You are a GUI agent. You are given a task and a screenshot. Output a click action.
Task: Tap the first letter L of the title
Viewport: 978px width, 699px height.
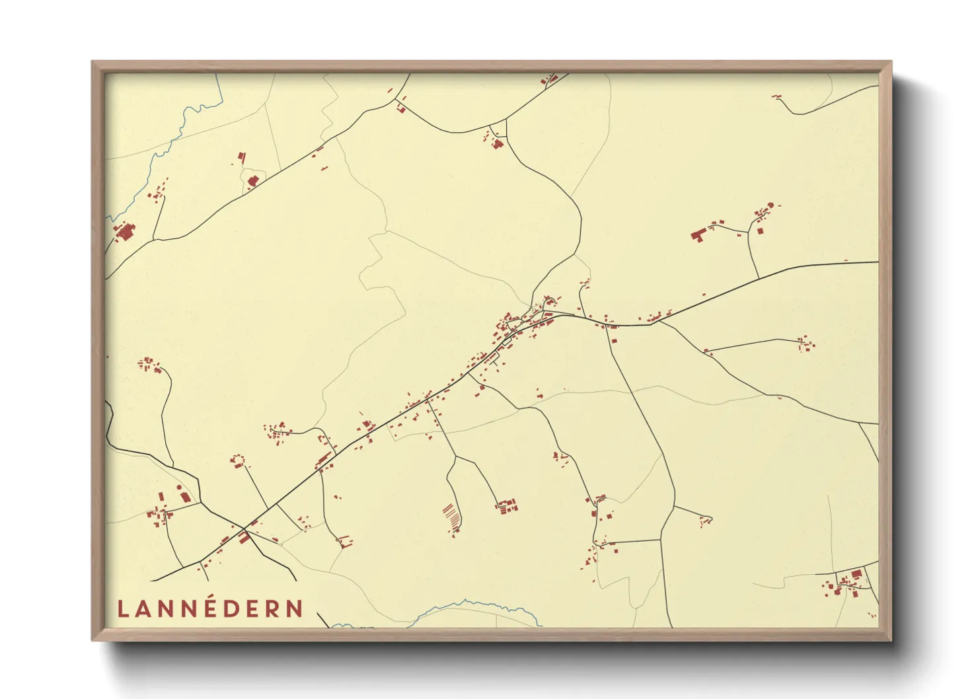tap(122, 609)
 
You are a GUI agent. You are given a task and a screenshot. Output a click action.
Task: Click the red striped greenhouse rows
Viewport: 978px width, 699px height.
tap(451, 516)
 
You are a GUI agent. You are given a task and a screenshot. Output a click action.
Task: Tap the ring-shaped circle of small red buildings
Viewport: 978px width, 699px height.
tap(238, 460)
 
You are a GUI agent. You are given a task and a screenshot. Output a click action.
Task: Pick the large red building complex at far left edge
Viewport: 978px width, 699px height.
tap(124, 232)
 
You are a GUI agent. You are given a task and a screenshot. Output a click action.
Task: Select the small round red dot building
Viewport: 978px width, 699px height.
tap(178, 488)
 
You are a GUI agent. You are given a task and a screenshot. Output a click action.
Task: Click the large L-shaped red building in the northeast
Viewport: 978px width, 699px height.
tap(698, 234)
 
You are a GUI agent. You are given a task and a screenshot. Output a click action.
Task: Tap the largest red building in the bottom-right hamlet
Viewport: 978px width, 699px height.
tap(856, 573)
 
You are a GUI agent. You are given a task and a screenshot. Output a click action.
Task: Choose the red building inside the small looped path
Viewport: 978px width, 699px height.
tap(252, 180)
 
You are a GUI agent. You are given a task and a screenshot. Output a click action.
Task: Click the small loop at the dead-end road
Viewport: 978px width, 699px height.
tap(708, 519)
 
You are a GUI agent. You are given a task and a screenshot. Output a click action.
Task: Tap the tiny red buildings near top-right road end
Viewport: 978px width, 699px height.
tap(777, 97)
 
